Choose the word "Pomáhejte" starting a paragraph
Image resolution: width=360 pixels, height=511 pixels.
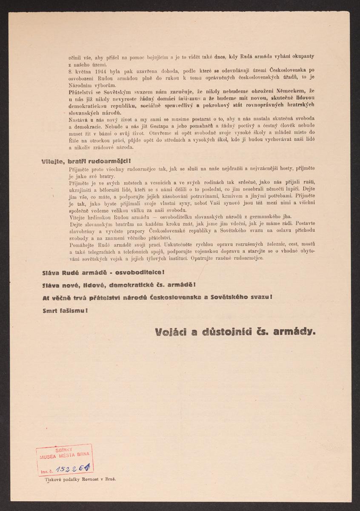pyautogui.click(x=81, y=245)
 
